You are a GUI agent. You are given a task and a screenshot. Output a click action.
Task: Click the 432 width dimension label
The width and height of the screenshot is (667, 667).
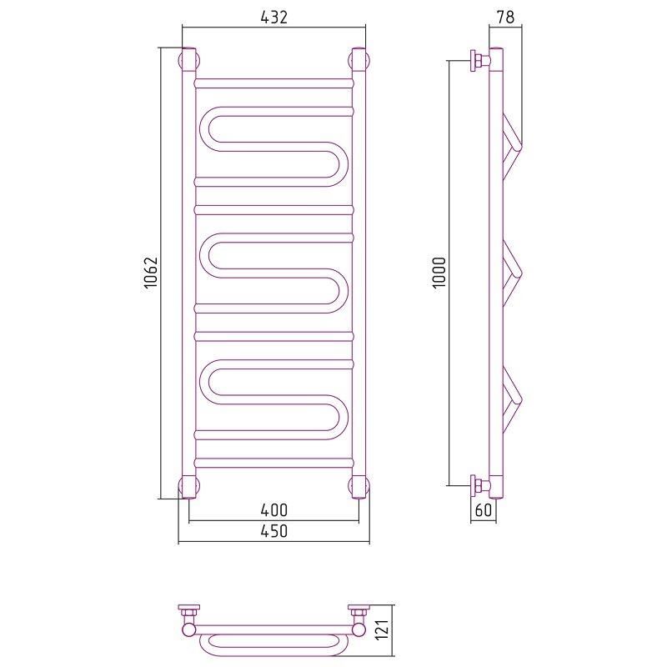point(274,17)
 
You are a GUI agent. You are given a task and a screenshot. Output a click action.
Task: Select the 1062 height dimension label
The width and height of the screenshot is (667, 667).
point(151,273)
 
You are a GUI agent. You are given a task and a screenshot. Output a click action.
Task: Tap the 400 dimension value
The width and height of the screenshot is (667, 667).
point(274,509)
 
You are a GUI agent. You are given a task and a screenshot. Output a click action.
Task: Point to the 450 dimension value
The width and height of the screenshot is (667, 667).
point(274,531)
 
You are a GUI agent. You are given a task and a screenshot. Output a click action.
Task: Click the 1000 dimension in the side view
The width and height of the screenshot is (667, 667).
point(439,273)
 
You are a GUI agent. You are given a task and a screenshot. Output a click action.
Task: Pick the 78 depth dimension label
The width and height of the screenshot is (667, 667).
point(505,17)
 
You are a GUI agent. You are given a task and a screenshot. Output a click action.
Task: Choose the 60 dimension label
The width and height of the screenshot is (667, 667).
point(484,509)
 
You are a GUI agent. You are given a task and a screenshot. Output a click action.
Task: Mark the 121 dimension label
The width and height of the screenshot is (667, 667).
point(383,629)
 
